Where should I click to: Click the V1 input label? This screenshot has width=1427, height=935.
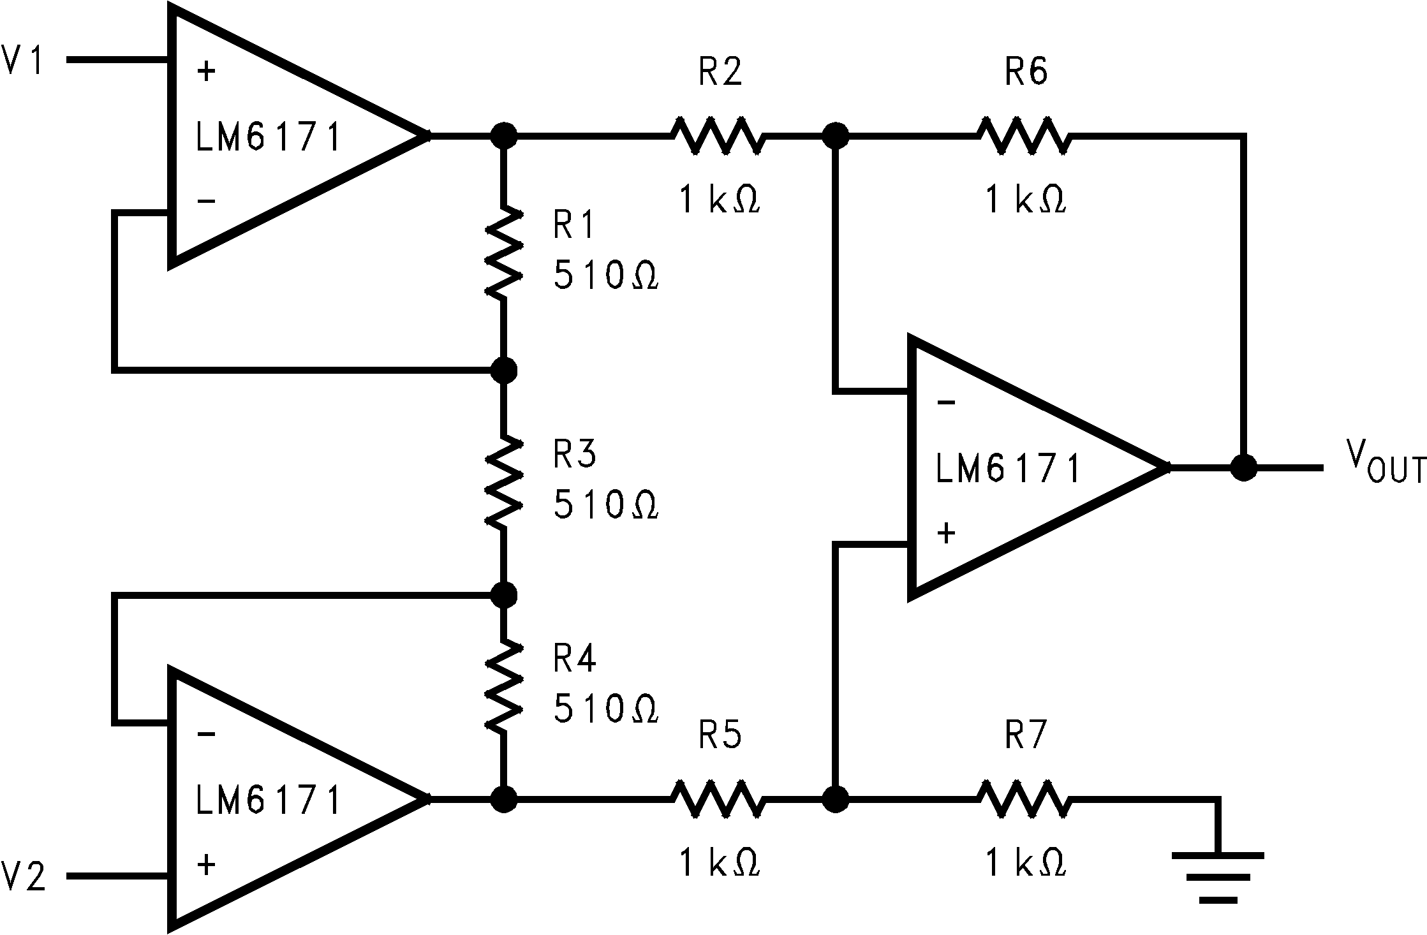pos(23,62)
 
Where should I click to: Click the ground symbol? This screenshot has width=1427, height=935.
pos(1217,876)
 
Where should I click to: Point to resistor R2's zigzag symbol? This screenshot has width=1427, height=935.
pos(716,136)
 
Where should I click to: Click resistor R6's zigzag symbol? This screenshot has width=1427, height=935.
pos(1023,136)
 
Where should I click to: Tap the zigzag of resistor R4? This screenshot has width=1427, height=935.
pos(504,686)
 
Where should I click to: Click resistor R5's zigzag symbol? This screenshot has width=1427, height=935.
pos(716,798)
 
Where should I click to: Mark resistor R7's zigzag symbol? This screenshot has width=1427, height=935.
pos(1023,798)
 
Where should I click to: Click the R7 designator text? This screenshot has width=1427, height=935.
pos(1025,737)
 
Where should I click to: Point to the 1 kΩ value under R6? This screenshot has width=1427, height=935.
pos(1025,200)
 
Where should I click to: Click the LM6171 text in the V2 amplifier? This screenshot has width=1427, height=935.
pos(268,801)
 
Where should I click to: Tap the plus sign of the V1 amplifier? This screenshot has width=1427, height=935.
pos(206,71)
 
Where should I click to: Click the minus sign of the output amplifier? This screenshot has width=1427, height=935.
pos(946,402)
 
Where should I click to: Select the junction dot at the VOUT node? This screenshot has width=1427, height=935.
pos(1243,467)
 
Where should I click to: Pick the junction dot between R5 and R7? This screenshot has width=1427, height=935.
pos(834,798)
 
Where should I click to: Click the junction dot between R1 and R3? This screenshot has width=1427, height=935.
pos(504,369)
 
